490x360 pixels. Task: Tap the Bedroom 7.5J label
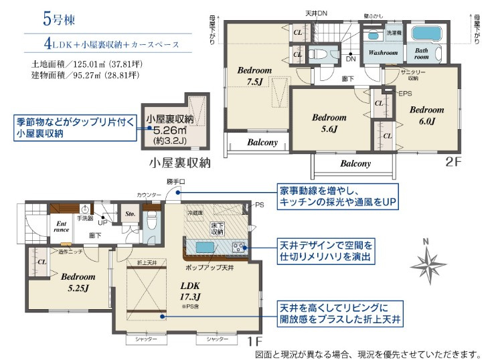(x=254, y=76)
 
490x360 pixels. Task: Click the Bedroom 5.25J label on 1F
(x=78, y=282)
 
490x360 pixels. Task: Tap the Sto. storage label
(x=131, y=214)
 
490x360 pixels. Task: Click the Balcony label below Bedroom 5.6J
(x=355, y=163)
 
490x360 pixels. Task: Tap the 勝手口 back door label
(x=175, y=182)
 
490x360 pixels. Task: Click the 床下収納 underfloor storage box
(x=217, y=228)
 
